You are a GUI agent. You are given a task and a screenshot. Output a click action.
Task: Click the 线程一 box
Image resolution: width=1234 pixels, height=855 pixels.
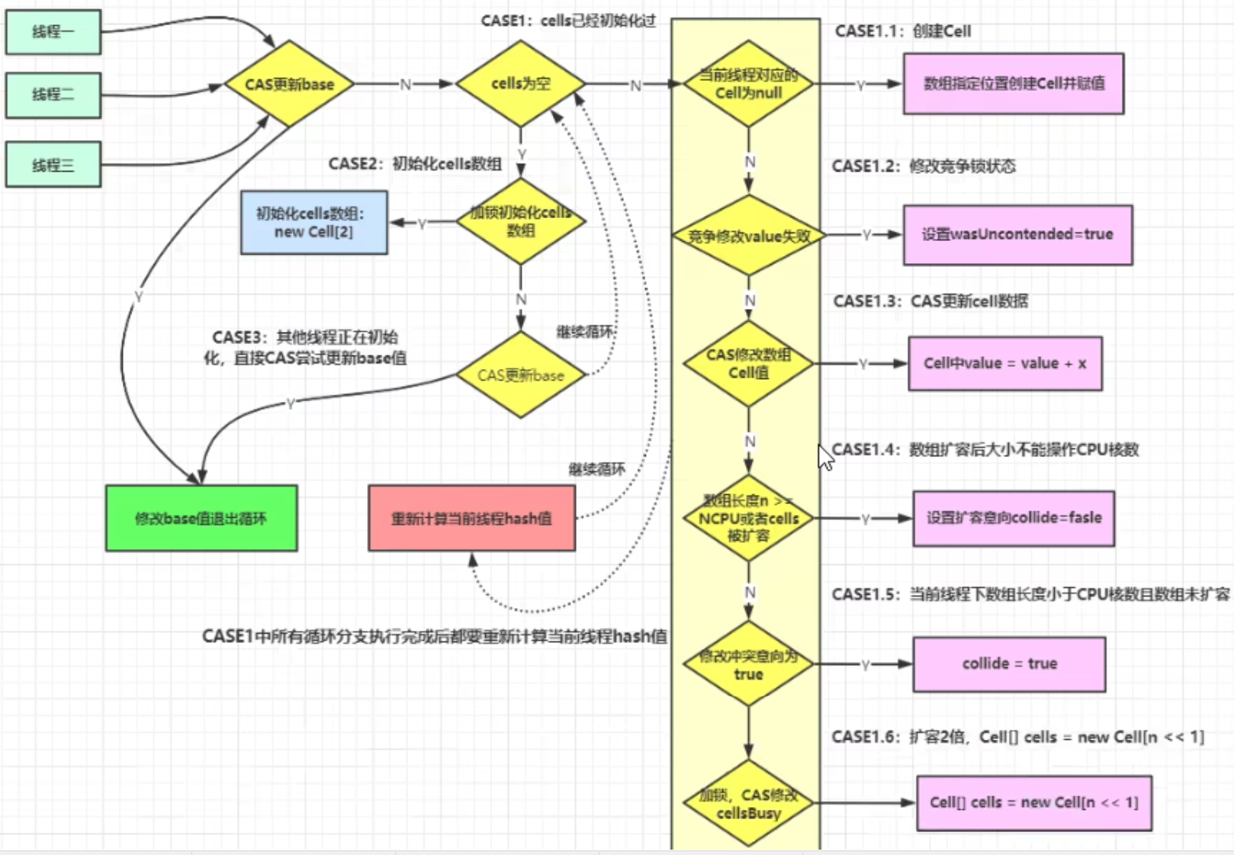[x=53, y=32]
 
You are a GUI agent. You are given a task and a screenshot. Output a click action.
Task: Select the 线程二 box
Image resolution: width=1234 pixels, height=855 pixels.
[x=53, y=95]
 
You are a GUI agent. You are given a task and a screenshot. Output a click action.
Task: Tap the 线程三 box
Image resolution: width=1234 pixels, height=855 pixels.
[x=53, y=165]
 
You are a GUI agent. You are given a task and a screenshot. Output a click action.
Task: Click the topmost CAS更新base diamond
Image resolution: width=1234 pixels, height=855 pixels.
[x=289, y=85]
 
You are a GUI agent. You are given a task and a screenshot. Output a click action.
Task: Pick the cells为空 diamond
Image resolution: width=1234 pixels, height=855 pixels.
[x=520, y=84]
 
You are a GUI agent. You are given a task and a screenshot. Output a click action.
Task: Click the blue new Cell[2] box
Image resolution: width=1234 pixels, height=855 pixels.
[x=313, y=223]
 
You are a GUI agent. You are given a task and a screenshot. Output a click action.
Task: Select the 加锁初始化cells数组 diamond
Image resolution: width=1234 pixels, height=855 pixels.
[x=521, y=221]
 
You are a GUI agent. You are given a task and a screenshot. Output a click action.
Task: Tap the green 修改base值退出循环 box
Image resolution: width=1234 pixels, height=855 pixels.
[x=201, y=519]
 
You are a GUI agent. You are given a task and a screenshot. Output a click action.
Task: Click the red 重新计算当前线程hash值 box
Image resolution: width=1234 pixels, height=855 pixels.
[x=471, y=519]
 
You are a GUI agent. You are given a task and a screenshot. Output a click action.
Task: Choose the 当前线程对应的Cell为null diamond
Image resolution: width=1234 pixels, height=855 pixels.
[x=748, y=85]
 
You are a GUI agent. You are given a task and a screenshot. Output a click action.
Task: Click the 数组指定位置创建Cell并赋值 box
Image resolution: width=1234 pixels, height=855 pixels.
[x=1013, y=84]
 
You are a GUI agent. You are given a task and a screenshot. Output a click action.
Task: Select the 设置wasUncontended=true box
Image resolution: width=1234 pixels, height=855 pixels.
[x=1017, y=235]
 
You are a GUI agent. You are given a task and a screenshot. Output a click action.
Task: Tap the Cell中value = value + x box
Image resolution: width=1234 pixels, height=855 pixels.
[x=1004, y=364]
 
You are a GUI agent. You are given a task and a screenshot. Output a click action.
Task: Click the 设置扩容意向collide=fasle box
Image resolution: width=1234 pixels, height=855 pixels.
[x=1014, y=519]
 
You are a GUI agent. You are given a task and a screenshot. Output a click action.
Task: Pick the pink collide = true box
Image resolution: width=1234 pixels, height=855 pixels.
[x=1009, y=664]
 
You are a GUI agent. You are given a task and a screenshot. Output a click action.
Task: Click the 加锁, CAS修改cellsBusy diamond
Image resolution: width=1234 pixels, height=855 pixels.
[x=748, y=804]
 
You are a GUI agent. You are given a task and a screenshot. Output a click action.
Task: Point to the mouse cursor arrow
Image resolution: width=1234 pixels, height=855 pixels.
[x=824, y=457]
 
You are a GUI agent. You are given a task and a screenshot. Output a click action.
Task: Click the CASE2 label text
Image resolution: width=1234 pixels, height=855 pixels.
[x=415, y=164]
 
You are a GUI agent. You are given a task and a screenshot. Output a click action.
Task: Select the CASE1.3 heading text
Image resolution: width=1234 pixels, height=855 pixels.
[x=930, y=301]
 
